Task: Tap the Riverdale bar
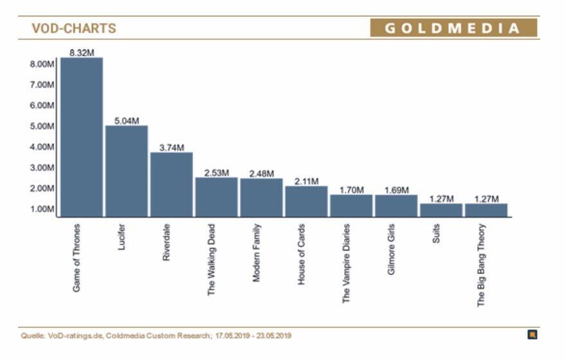pos(172,184)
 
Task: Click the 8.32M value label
pos(82,52)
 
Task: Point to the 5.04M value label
pos(127,120)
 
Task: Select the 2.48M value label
pos(261,173)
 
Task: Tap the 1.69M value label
pos(396,190)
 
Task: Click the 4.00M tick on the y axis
pos(42,147)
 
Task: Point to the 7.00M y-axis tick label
pos(42,85)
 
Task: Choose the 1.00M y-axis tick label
pos(42,209)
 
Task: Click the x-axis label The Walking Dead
pos(212,259)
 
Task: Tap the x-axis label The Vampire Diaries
pos(346,263)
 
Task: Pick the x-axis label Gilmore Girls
pos(391,249)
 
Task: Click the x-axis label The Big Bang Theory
pos(481,265)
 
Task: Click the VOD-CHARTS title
pos(74,28)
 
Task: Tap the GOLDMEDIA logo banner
pos(453,28)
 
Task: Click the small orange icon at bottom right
pos(532,334)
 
